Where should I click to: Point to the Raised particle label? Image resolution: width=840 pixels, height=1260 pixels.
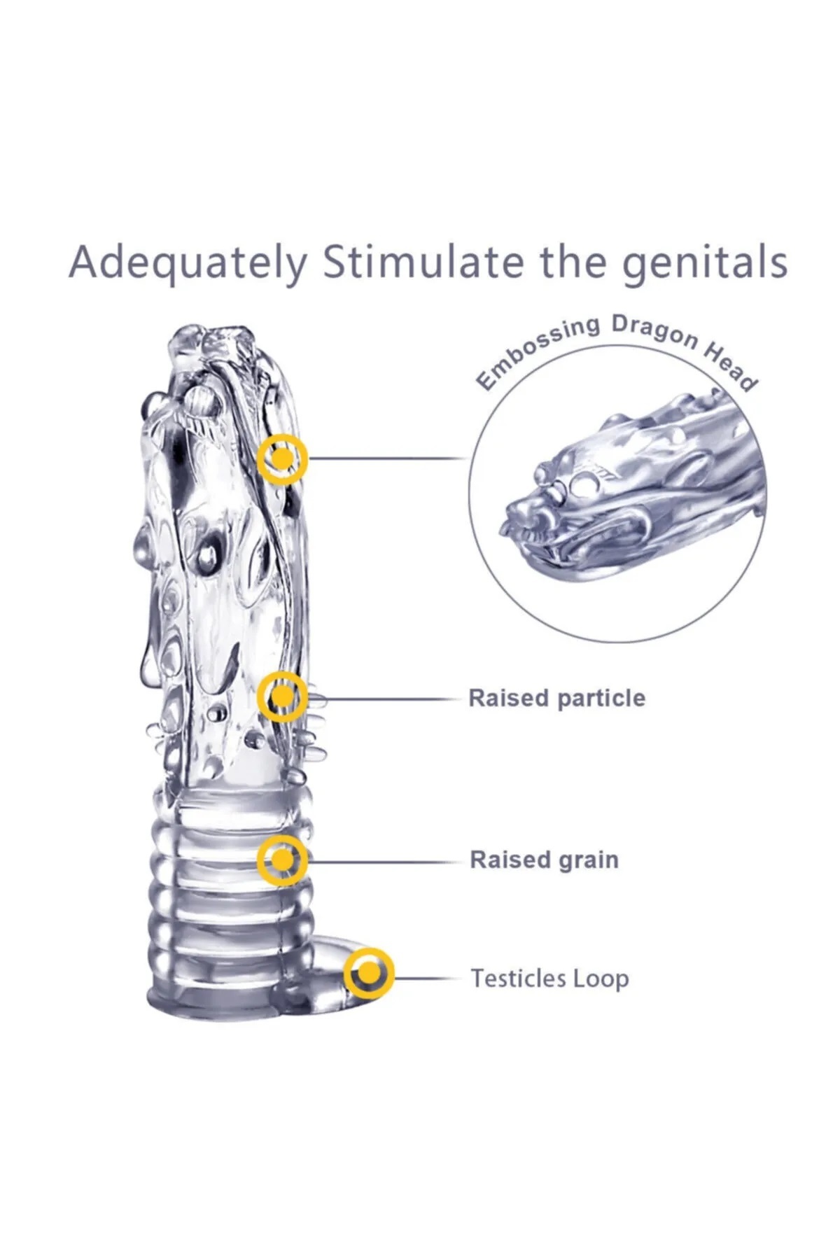click(556, 698)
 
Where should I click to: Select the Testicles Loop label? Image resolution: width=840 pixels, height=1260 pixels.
click(549, 978)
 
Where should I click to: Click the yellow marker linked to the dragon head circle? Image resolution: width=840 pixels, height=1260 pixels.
click(282, 458)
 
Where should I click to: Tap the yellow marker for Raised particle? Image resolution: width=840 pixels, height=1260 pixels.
click(282, 696)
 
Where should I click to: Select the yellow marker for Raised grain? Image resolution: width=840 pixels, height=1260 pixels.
click(281, 859)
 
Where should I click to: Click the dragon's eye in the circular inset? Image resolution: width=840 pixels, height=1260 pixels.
click(583, 482)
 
